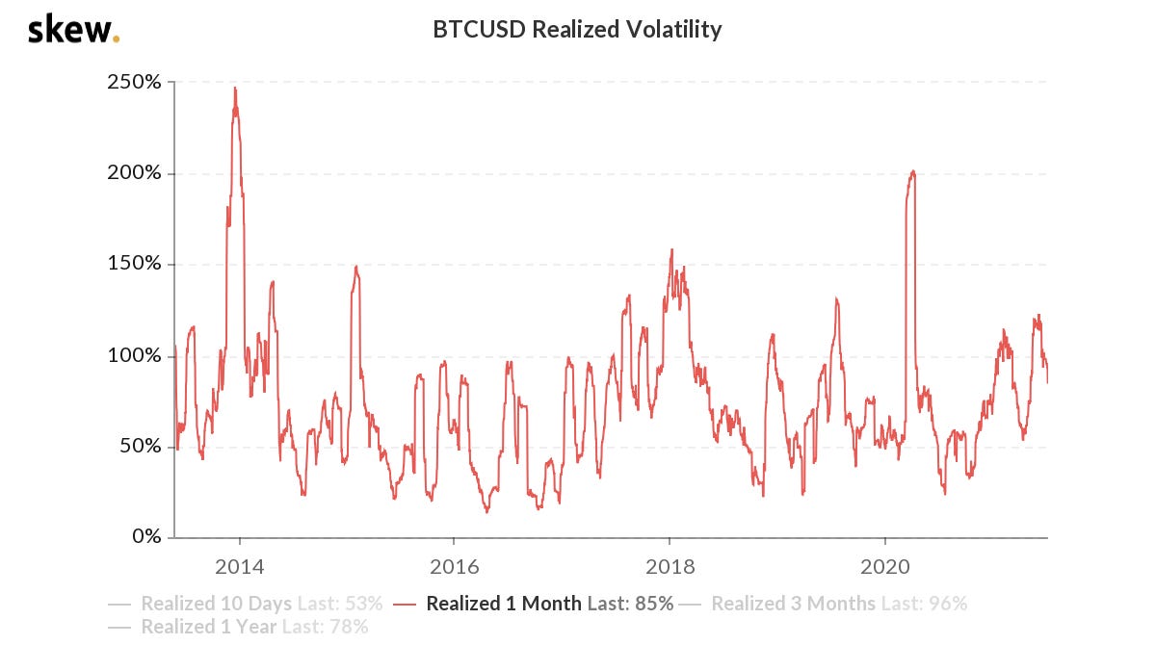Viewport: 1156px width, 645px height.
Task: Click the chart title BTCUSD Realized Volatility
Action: [x=578, y=30]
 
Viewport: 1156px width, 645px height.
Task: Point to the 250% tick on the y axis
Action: [x=134, y=82]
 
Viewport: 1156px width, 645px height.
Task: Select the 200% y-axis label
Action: [x=134, y=173]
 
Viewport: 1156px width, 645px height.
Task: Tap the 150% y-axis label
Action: [x=134, y=265]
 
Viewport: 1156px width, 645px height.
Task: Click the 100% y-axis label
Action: [x=134, y=355]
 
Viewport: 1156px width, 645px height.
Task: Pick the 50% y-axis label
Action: [x=139, y=446]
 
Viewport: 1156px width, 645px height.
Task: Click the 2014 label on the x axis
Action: [x=239, y=566]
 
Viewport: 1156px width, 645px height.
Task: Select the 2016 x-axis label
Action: [x=454, y=566]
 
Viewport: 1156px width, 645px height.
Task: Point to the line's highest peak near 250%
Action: [x=234, y=88]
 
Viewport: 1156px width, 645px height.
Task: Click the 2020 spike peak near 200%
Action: [x=912, y=171]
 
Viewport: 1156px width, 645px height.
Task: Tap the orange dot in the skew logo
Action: [x=117, y=39]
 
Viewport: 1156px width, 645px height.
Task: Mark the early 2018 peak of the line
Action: [x=670, y=250]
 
